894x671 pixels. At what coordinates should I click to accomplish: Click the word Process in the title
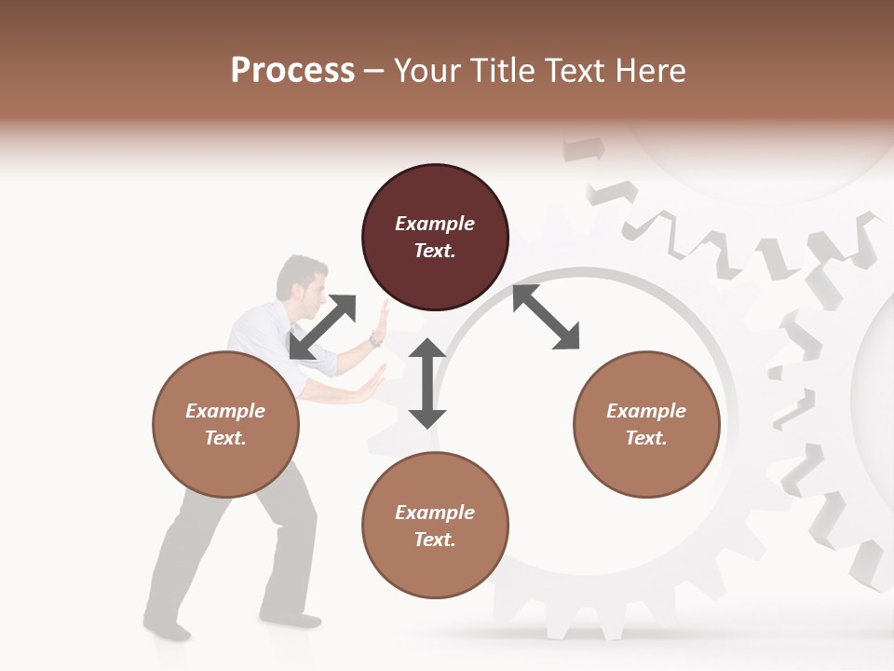pyautogui.click(x=292, y=71)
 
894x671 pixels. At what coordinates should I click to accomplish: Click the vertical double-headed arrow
pyautogui.click(x=427, y=383)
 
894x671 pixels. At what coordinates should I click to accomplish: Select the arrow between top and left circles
pyautogui.click(x=322, y=327)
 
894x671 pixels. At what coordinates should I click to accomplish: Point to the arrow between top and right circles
pyautogui.click(x=546, y=317)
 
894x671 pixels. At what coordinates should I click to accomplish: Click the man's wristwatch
pyautogui.click(x=374, y=340)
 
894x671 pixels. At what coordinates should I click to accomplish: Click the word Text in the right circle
pyautogui.click(x=646, y=438)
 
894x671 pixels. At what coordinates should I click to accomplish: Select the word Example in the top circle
pyautogui.click(x=435, y=224)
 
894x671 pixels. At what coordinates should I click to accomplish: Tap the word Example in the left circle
pyautogui.click(x=225, y=411)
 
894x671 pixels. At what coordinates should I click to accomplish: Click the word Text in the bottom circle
pyautogui.click(x=435, y=540)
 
